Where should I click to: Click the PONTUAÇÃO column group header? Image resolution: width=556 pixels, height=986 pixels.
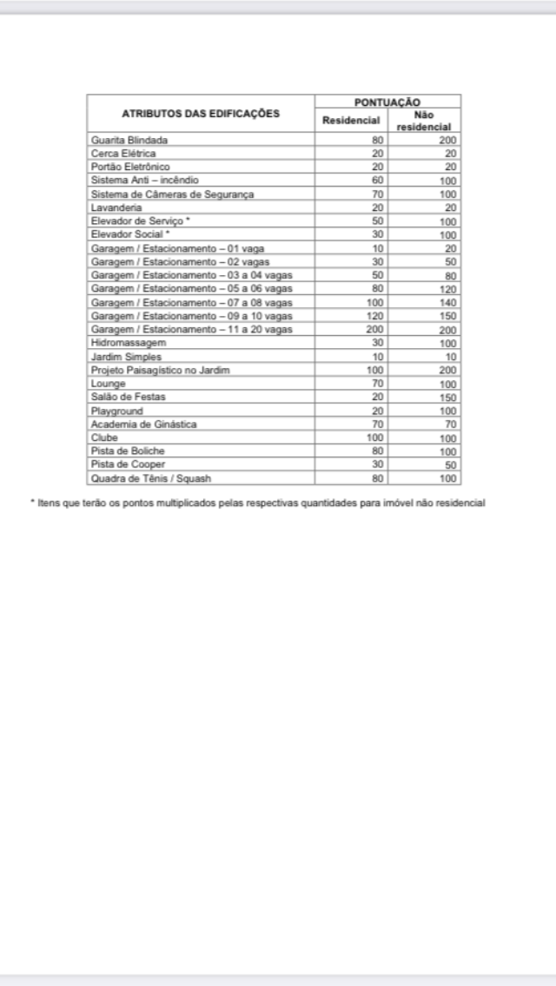point(387,102)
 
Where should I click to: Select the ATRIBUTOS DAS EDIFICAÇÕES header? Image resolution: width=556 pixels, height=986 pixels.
point(201,114)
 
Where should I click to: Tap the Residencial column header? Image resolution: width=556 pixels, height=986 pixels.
point(351,120)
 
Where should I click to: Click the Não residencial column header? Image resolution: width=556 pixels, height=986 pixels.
point(424,121)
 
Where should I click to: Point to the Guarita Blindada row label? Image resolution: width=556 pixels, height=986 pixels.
point(129,140)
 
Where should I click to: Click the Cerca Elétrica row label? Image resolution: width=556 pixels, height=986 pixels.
point(123,153)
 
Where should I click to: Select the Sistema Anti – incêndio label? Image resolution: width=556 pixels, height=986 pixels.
point(145,180)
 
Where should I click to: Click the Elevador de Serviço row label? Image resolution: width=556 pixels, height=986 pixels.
point(141,220)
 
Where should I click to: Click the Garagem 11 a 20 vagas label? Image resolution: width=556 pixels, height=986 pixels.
point(192,329)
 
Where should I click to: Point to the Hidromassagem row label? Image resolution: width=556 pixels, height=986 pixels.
point(129,343)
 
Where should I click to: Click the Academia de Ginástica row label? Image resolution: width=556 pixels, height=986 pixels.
point(144,424)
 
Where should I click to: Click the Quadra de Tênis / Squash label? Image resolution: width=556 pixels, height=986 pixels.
point(151,478)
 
